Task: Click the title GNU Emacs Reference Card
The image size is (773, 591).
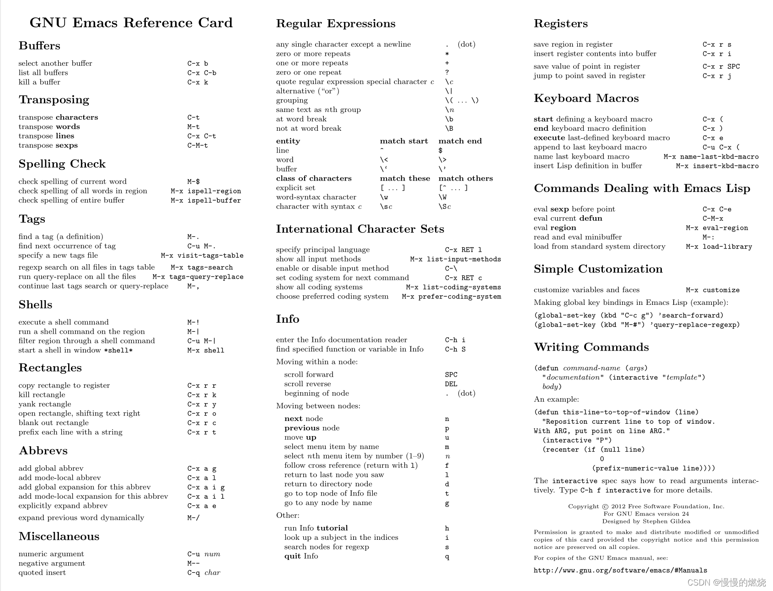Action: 131,23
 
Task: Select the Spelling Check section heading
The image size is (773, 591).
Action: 62,164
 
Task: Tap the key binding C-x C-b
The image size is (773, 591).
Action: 202,73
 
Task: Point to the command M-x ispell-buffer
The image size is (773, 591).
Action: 205,201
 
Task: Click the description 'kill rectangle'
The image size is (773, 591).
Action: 42,395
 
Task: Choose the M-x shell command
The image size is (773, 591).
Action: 205,351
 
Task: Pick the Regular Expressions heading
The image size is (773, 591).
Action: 335,24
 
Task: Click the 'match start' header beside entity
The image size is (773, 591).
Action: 403,141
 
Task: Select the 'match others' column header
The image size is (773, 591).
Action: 465,179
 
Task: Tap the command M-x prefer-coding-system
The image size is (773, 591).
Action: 451,297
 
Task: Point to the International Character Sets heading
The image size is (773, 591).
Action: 360,229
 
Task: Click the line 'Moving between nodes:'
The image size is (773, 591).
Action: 318,406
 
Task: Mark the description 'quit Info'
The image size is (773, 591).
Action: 301,556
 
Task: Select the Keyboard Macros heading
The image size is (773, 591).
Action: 586,99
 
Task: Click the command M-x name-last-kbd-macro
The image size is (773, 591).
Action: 711,157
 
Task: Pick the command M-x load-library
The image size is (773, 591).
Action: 719,247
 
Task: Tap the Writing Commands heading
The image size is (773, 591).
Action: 591,347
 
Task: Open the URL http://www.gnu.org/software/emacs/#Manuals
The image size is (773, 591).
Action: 620,570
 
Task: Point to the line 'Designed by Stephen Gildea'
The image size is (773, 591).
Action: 646,522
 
